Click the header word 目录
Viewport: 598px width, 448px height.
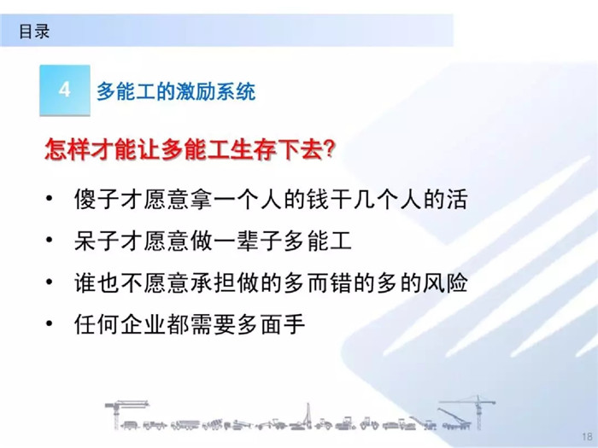click(x=34, y=32)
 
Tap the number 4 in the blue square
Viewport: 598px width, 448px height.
click(x=64, y=90)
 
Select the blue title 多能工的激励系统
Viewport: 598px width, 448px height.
click(x=176, y=92)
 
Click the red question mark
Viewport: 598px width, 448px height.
click(x=327, y=149)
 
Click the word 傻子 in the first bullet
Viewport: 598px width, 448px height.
click(x=97, y=199)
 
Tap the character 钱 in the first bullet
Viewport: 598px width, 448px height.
click(x=317, y=199)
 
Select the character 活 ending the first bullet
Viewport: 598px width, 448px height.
click(x=456, y=199)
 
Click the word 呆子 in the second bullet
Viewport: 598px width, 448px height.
click(x=97, y=241)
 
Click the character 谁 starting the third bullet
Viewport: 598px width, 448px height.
click(x=85, y=283)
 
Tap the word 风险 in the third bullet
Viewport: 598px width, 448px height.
click(x=445, y=283)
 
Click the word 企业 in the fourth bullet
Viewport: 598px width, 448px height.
click(x=144, y=324)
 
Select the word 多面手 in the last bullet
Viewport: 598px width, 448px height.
click(x=271, y=324)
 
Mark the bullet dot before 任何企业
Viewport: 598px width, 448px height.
click(x=50, y=323)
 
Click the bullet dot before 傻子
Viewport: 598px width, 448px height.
click(x=50, y=198)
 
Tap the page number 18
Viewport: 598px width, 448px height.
click(x=587, y=437)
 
